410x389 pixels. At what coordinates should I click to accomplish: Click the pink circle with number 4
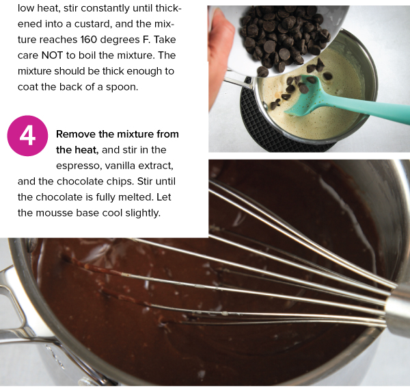tap(27, 135)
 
